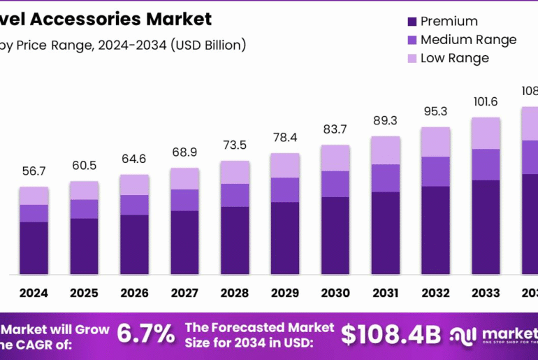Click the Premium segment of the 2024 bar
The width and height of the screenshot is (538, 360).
click(34, 247)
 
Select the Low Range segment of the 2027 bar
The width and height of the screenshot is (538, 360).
click(184, 178)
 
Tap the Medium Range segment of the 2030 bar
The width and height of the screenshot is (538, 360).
click(335, 184)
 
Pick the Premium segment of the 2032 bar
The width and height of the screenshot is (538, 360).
click(436, 229)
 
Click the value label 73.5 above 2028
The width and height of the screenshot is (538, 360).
click(235, 146)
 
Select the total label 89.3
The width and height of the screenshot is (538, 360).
click(386, 121)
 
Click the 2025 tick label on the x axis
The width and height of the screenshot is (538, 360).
click(84, 293)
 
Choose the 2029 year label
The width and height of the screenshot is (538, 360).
click(285, 293)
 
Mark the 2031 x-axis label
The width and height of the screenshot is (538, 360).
click(386, 293)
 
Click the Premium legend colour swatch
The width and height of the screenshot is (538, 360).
click(410, 22)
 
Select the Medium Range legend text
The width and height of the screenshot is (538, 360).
click(468, 40)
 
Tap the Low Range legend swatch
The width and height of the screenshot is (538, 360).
click(410, 58)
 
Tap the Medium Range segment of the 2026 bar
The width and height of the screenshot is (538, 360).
click(134, 205)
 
